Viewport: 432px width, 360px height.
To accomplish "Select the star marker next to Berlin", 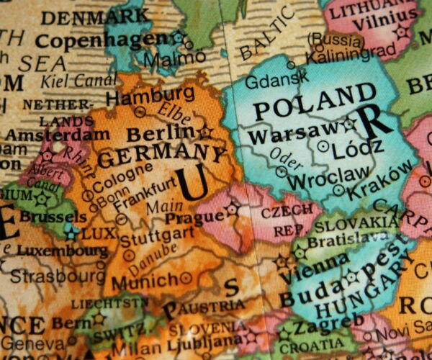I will (x=207, y=132).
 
